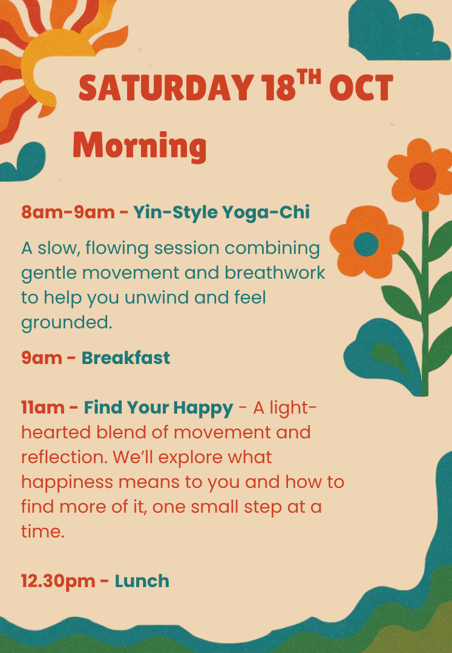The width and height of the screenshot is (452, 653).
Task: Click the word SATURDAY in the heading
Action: pyautogui.click(x=166, y=88)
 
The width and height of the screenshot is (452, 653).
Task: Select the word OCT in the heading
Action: pyautogui.click(x=361, y=88)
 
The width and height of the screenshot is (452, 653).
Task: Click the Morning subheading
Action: pyautogui.click(x=140, y=146)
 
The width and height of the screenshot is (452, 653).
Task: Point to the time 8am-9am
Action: pyautogui.click(x=68, y=212)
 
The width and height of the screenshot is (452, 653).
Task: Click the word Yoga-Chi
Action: pyautogui.click(x=266, y=212)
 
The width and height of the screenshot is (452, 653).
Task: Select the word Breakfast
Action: pyautogui.click(x=125, y=358)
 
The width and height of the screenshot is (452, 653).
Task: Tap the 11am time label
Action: pyautogui.click(x=42, y=408)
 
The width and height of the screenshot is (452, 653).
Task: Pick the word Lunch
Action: pyautogui.click(x=142, y=581)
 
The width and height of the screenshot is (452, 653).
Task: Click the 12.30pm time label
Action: pyautogui.click(x=58, y=582)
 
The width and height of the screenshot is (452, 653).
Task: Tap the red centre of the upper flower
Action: pyautogui.click(x=423, y=176)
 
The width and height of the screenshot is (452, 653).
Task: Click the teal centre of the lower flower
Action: pyautogui.click(x=366, y=244)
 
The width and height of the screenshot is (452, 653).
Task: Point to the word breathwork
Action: pyautogui.click(x=275, y=273)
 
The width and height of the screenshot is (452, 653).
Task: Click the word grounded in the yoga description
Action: pyautogui.click(x=67, y=323)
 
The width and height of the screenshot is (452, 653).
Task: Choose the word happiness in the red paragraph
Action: pyautogui.click(x=67, y=482)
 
